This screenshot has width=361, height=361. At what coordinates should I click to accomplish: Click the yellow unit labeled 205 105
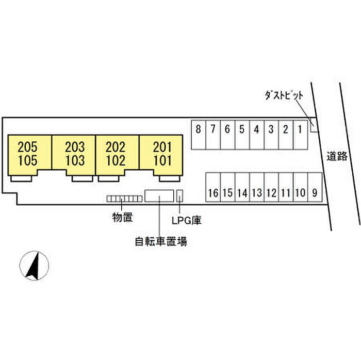click(29, 154)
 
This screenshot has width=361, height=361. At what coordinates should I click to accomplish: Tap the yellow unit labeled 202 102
click(117, 154)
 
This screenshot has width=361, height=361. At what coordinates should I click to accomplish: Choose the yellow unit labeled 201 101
click(161, 154)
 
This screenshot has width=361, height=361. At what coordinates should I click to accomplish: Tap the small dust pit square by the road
click(315, 128)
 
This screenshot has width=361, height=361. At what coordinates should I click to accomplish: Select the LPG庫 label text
click(186, 220)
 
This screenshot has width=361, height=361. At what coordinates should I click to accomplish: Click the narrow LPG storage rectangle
click(180, 196)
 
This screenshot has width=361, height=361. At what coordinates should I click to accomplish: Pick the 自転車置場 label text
click(161, 241)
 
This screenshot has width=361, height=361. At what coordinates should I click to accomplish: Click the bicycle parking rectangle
click(159, 196)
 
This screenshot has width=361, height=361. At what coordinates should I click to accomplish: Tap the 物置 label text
click(122, 218)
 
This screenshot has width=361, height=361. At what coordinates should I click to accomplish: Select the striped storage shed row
click(124, 199)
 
